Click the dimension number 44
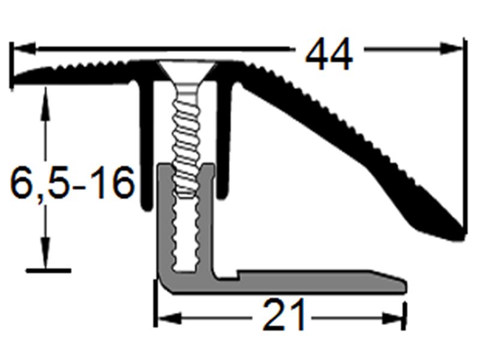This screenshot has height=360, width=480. (329, 56)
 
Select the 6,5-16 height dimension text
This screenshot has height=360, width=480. (72, 184)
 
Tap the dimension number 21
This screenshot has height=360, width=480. (284, 316)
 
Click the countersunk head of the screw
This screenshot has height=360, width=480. (187, 72)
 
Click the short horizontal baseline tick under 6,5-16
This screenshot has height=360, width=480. (48, 271)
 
